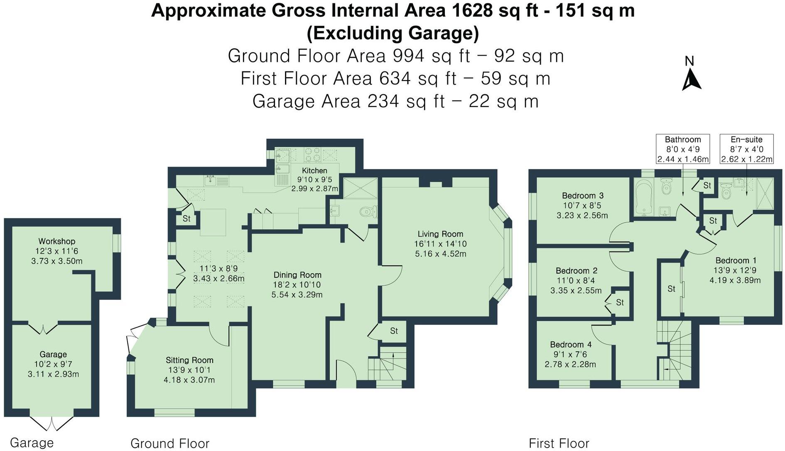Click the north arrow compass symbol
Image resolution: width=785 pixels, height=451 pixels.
(691, 79)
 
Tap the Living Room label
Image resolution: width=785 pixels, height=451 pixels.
(440, 234)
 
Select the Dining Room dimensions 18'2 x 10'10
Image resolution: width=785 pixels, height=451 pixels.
(297, 285)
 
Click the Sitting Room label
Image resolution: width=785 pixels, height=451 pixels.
(189, 360)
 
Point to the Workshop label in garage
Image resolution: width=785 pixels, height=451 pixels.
(57, 241)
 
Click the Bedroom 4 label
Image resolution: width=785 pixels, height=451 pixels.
(571, 345)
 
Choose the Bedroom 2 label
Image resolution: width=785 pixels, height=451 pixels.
(576, 271)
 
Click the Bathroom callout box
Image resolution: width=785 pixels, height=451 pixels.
(682, 149)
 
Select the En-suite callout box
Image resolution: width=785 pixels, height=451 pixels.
(746, 149)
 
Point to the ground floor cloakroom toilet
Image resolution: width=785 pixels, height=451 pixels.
(367, 212)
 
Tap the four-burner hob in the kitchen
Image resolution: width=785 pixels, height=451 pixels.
(312, 154)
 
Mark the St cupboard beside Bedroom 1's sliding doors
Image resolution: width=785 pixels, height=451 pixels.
(671, 289)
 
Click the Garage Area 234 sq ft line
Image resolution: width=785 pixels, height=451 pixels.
(395, 101)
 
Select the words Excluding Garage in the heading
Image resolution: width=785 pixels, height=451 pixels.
(392, 33)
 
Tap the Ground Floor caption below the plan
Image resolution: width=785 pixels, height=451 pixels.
(170, 443)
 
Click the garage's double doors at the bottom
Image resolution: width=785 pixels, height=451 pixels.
(52, 424)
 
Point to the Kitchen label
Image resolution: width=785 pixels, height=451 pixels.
(314, 171)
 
